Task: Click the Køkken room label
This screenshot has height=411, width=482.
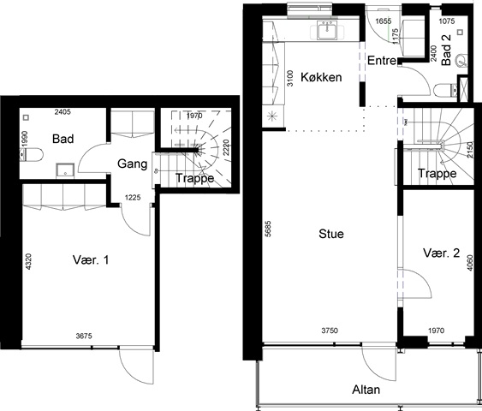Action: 321,77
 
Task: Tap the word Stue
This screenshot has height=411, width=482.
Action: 331,234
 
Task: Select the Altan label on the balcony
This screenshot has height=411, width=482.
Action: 366,390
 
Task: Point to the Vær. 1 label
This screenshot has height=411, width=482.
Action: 91,260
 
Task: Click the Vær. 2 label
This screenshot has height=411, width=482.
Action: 442,253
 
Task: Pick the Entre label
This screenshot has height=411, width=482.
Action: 382,61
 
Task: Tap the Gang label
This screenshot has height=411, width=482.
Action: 132,164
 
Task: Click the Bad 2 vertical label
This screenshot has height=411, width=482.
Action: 446,50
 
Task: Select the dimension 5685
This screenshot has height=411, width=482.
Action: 268,229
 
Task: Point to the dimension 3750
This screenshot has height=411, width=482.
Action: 330,331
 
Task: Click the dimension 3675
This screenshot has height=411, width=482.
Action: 84,336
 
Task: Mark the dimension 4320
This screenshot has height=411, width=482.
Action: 28,262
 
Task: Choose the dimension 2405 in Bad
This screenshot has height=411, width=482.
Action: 62,112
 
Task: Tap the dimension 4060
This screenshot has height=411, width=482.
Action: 470,263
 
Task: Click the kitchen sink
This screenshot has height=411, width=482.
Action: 327,30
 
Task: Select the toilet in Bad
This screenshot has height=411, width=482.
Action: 31,155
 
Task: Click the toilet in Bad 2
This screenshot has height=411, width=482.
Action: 445,90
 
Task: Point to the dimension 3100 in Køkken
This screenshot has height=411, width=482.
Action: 289,78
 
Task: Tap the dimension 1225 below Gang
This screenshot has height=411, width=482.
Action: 133,197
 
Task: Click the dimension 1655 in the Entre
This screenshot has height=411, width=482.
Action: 384,21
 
